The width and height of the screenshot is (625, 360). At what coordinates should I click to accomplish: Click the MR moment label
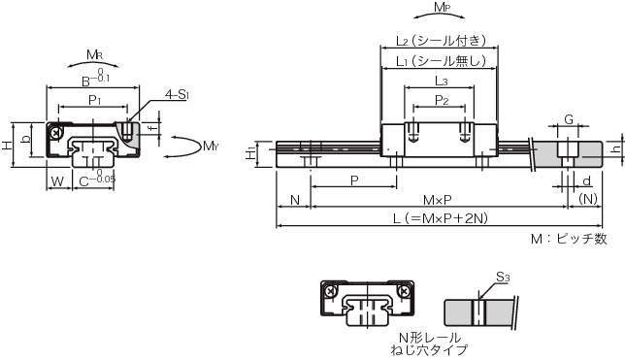pos(94,54)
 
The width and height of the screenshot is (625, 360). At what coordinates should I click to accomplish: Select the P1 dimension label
pos(94,101)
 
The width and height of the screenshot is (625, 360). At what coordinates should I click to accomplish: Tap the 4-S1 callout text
pos(177,94)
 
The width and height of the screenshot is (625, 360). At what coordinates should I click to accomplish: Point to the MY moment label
pos(211,146)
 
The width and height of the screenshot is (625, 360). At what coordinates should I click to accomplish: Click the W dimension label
pos(58,181)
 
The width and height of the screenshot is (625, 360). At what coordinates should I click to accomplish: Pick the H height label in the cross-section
pos(7,146)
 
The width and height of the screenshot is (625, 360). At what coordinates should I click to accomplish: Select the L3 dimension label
pos(441,81)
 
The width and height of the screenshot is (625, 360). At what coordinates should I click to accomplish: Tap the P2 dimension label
pos(442,100)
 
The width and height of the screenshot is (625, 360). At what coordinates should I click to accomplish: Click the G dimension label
pos(569,119)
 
